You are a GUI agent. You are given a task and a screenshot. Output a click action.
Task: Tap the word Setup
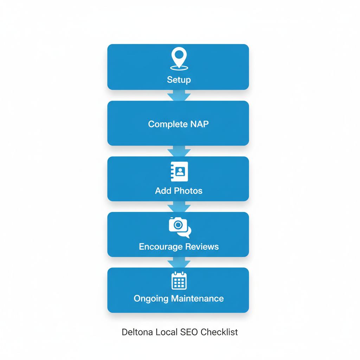coord(179,80)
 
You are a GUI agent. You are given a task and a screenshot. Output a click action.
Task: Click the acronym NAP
coord(199,124)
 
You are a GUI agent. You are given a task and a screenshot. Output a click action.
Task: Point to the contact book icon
coord(179,172)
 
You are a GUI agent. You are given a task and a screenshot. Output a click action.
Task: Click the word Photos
coord(188,191)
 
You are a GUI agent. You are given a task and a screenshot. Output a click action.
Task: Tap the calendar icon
coord(179,281)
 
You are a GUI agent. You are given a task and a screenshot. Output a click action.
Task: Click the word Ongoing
coord(151,298)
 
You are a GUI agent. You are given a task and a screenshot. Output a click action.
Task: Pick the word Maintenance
coord(197,298)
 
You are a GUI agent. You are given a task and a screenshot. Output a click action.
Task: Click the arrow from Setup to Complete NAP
coord(179,96)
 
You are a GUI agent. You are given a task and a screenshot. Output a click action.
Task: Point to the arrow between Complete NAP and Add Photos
coord(179,151)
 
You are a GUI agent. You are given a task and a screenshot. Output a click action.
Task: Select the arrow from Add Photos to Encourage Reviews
coord(179,207)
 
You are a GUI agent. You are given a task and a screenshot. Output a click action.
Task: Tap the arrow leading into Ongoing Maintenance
coord(179,262)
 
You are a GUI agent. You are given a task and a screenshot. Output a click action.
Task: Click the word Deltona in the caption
coord(135,332)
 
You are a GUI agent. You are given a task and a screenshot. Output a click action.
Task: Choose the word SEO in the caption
coord(188,332)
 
